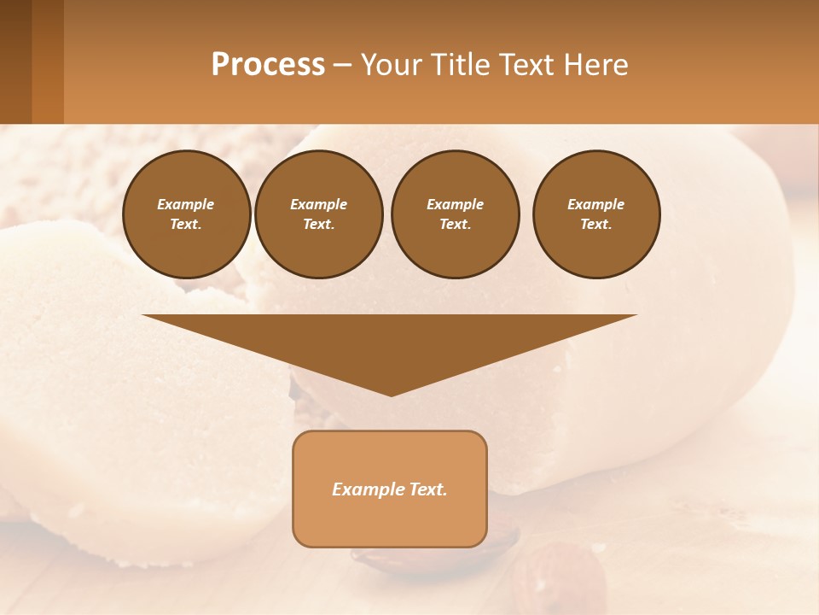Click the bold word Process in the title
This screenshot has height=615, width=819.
pyautogui.click(x=268, y=65)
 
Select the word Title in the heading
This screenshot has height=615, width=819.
pyautogui.click(x=462, y=65)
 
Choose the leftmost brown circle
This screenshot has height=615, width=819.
pyautogui.click(x=187, y=214)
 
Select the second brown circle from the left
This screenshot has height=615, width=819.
pyautogui.click(x=319, y=214)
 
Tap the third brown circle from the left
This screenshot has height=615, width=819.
pyautogui.click(x=456, y=214)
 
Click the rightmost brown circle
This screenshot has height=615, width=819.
pyautogui.click(x=596, y=214)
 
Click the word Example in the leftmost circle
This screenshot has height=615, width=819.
pyautogui.click(x=186, y=204)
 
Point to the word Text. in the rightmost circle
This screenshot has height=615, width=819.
pyautogui.click(x=596, y=225)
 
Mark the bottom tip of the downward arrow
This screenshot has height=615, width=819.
pyautogui.click(x=391, y=395)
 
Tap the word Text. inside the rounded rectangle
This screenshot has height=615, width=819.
pyautogui.click(x=427, y=489)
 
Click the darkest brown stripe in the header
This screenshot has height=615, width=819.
pyautogui.click(x=15, y=61)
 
